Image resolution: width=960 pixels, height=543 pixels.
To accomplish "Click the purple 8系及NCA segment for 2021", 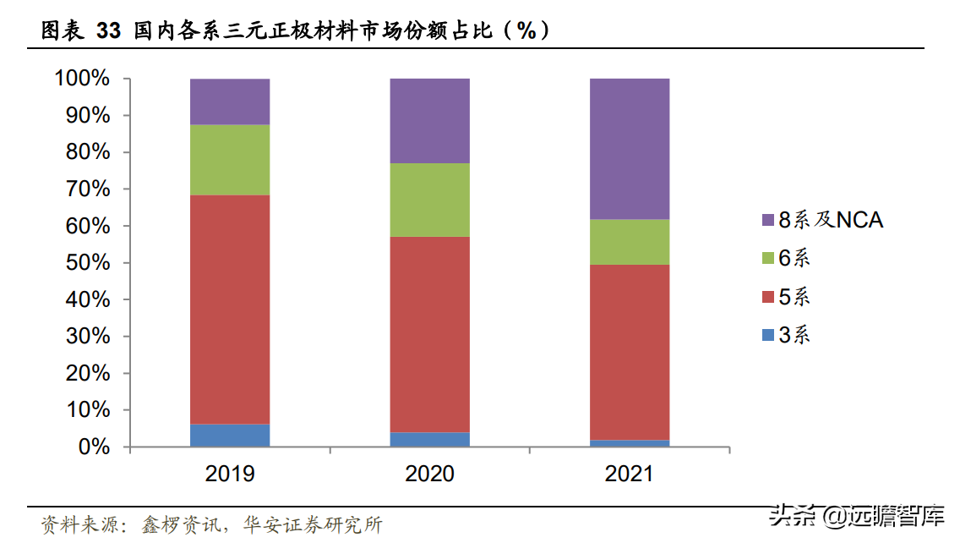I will pos(629,149).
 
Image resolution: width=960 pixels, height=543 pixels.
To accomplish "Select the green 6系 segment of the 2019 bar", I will pos(230,160).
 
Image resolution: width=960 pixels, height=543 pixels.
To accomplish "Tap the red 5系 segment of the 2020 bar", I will pos(429,334).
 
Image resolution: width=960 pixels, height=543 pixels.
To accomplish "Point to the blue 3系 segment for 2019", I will pos(230,436).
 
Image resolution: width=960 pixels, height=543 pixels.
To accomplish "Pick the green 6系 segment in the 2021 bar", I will pos(629,242).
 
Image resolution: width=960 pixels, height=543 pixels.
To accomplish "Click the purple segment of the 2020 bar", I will pos(429,121).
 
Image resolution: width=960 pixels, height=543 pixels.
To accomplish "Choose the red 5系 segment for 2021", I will pos(629,352).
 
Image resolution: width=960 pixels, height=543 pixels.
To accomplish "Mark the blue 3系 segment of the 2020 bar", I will pos(429,440).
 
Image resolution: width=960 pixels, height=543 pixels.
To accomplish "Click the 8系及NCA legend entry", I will pos(821,221).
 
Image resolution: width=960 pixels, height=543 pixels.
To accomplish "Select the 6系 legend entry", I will pos(785,259).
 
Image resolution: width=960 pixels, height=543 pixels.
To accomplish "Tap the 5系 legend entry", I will pos(785,297).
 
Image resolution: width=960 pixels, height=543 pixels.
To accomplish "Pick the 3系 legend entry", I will pos(785,335).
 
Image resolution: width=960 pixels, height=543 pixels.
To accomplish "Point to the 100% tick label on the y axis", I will pos(82,79).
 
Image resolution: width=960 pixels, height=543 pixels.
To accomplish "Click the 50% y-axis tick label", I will pos(87,263).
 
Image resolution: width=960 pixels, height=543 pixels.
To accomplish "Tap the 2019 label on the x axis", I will pos(230,474).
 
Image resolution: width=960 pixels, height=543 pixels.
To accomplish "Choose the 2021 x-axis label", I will pos(629,474).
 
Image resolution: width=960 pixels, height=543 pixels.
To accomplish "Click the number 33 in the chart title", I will pos(108,31).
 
